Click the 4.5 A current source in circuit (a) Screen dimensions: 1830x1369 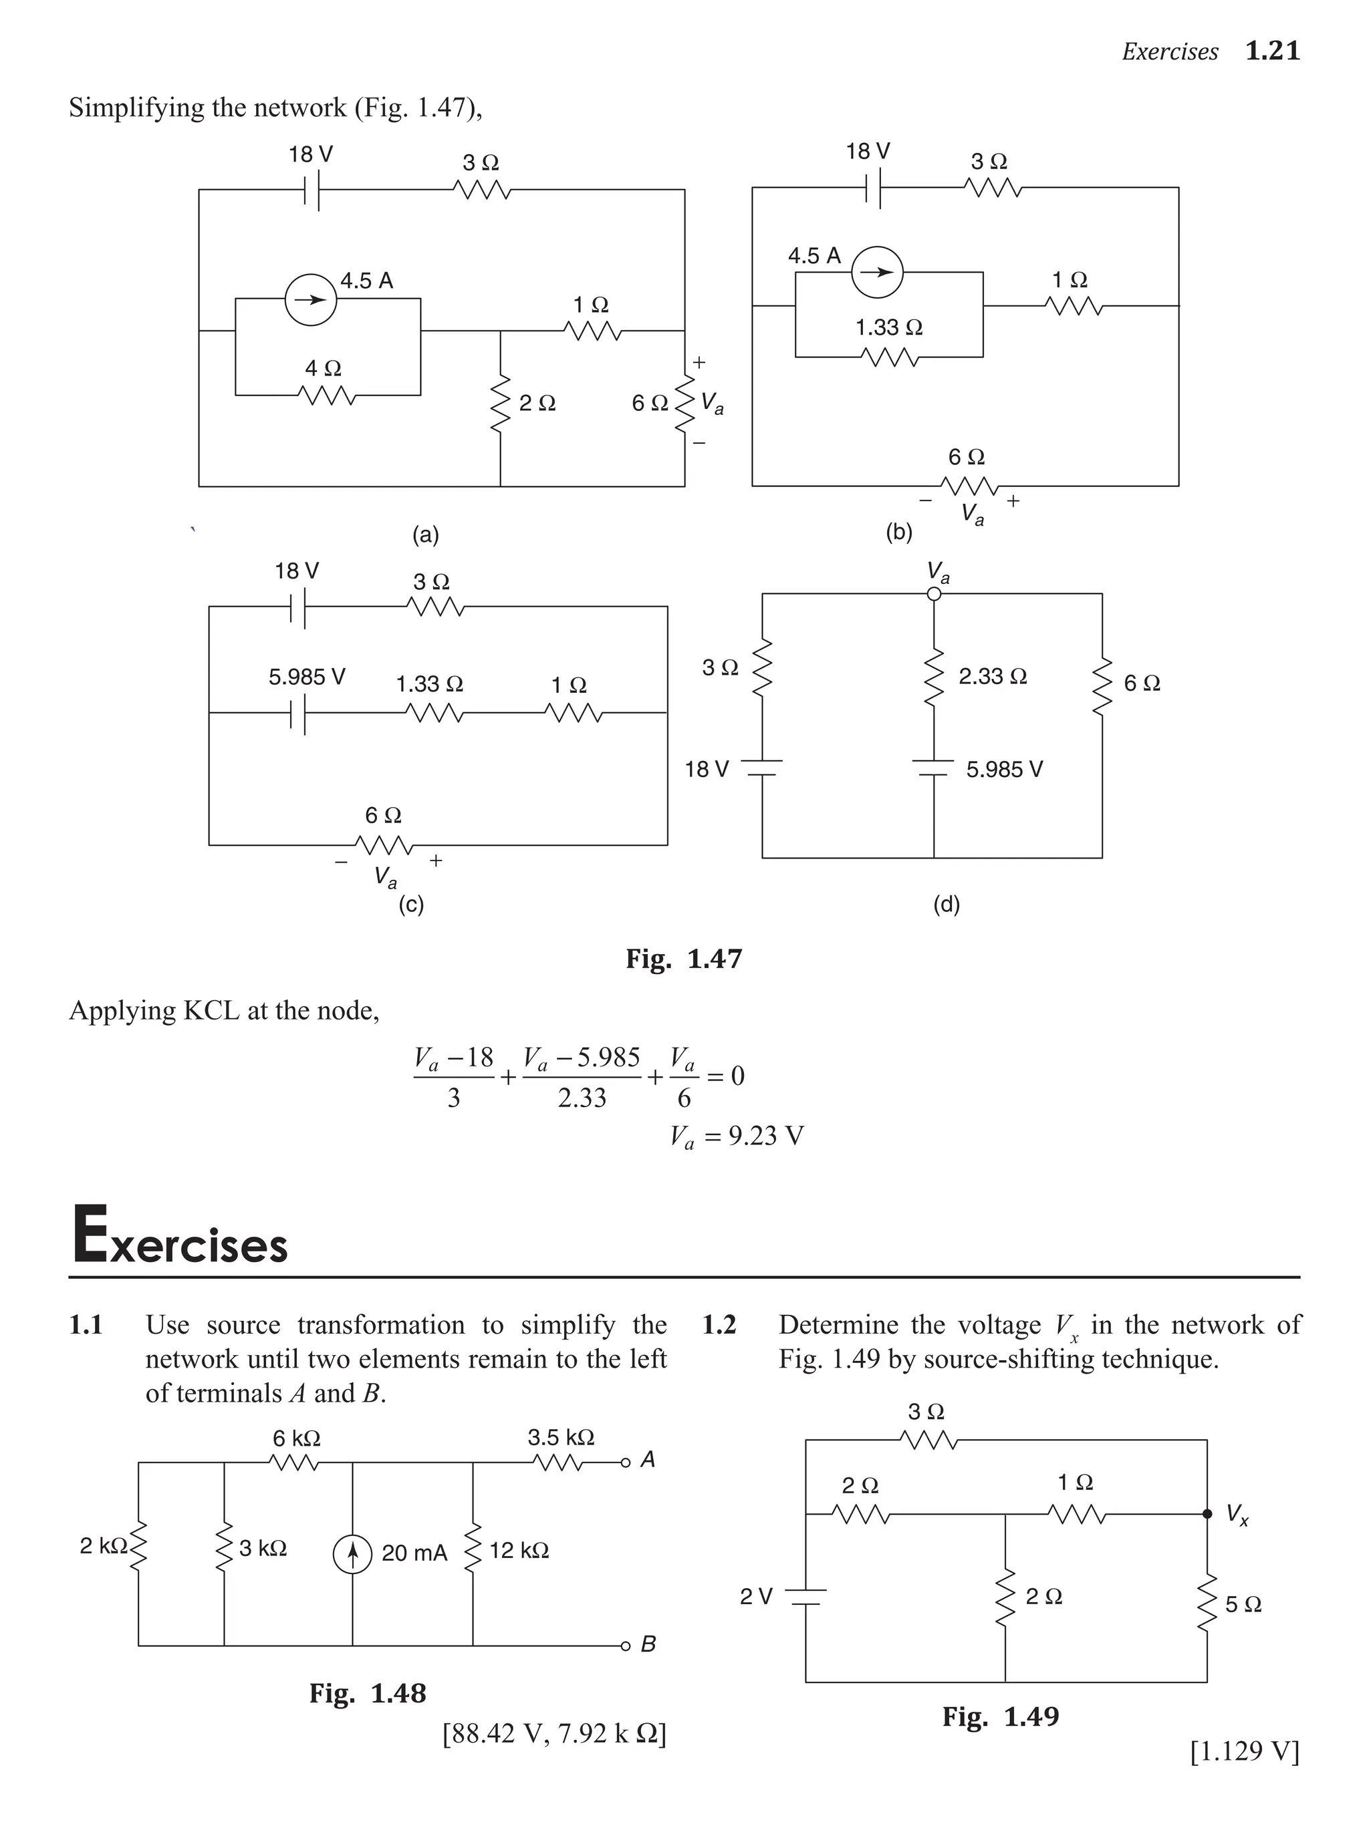[310, 299]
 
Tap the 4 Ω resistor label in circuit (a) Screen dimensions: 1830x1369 [323, 368]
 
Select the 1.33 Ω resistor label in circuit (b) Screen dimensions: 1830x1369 [888, 327]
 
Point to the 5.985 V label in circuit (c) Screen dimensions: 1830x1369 [306, 677]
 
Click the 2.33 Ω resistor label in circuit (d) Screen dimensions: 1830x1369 [993, 676]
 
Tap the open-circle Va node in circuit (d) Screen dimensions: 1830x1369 [934, 594]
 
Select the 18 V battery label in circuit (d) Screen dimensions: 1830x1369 [706, 770]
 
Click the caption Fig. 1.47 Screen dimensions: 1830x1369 [684, 959]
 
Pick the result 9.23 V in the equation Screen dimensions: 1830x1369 [765, 1136]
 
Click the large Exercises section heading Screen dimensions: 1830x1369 [180, 1236]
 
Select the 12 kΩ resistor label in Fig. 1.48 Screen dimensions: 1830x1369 [519, 1550]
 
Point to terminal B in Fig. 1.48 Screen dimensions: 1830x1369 [626, 1646]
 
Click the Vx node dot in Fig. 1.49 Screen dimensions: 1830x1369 [1207, 1514]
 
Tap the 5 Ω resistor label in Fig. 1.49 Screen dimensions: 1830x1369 [1243, 1604]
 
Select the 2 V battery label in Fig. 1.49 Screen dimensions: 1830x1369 [755, 1597]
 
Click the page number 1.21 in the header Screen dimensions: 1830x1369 [1272, 51]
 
